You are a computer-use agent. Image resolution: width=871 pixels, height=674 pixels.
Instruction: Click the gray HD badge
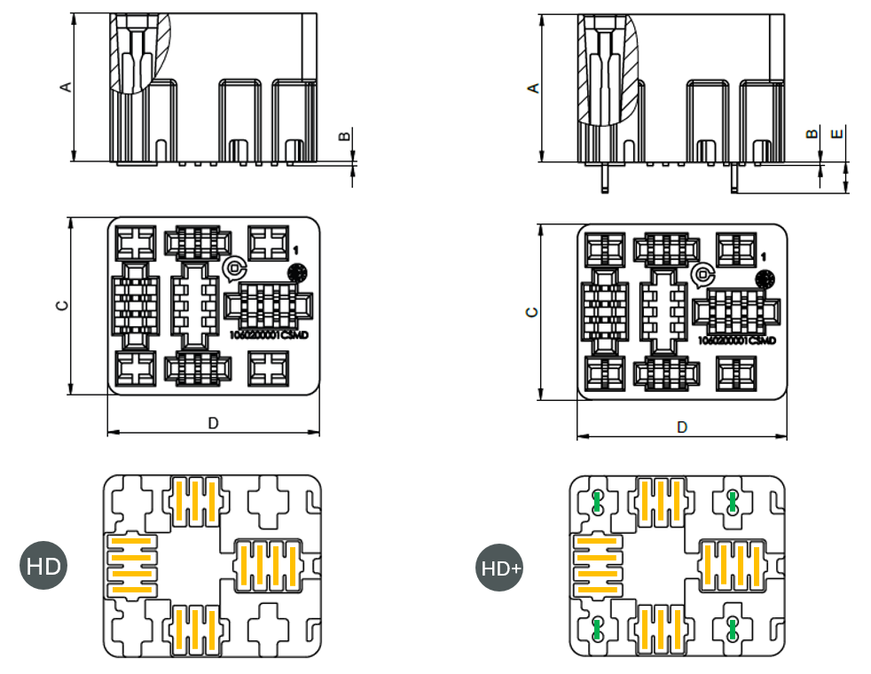[43, 565]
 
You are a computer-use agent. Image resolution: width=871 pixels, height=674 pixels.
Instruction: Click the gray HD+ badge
[500, 568]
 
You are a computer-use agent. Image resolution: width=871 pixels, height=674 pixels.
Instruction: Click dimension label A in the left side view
[64, 87]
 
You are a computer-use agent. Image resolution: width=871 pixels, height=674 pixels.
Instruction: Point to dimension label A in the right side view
[532, 88]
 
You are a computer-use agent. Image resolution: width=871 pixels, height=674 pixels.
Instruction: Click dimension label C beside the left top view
[61, 305]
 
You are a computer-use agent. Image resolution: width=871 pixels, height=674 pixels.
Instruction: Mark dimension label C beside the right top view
[530, 312]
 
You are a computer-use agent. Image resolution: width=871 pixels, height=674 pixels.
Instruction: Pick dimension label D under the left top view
[213, 424]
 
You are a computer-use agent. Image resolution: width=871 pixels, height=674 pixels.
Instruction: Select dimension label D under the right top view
[681, 427]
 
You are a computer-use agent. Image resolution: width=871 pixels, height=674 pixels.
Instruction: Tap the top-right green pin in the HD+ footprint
[733, 502]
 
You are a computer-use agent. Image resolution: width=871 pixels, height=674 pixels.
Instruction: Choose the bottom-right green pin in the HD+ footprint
[733, 630]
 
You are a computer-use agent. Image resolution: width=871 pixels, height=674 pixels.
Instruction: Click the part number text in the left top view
[268, 336]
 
